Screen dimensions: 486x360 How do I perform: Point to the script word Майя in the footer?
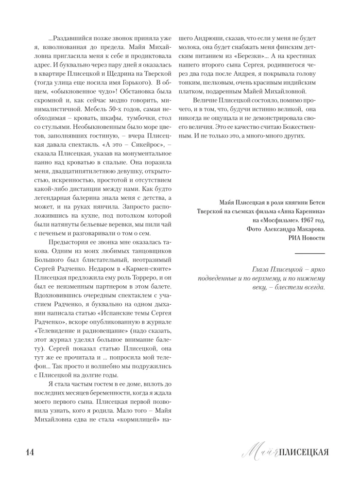[x=259, y=452]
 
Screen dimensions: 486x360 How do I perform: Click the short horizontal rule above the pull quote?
[x=310, y=253]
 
